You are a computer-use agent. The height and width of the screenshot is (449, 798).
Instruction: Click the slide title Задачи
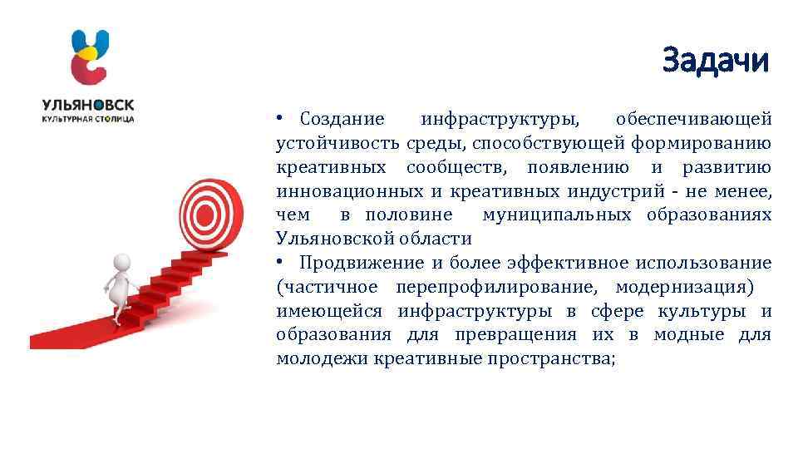tap(717, 60)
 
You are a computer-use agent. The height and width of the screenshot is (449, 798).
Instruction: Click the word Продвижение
tap(361, 264)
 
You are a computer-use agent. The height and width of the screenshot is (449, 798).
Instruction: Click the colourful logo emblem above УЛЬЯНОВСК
tap(89, 57)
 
